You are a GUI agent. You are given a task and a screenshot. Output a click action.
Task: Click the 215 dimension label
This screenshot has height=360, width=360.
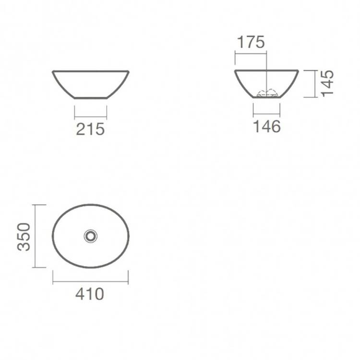90,129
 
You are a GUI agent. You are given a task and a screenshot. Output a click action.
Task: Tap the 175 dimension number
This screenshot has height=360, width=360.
251,42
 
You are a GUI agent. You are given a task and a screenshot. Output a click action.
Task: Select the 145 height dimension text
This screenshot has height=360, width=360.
327,84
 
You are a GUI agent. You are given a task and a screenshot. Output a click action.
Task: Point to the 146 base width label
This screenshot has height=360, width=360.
266,126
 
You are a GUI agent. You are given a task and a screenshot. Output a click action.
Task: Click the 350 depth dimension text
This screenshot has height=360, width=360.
24,237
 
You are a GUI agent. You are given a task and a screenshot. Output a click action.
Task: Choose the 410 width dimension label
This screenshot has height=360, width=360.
90,294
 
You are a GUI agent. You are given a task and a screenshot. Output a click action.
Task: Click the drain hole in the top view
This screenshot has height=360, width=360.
90,236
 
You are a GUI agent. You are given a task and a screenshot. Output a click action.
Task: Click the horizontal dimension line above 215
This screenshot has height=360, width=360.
91,112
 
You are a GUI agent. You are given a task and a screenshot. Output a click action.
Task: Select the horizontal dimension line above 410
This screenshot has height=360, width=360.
90,281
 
